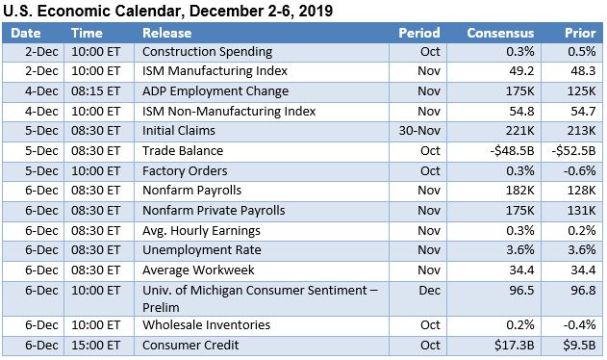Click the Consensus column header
click(x=499, y=32)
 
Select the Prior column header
click(x=579, y=32)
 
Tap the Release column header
click(x=166, y=32)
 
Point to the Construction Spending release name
click(x=205, y=51)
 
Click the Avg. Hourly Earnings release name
click(x=201, y=231)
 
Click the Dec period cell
click(x=429, y=290)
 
